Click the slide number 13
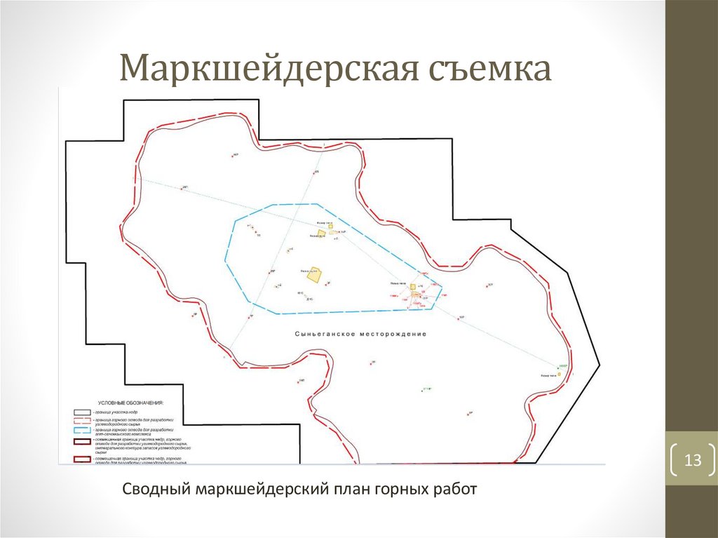pos(693,461)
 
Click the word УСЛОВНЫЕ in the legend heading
pos(114,403)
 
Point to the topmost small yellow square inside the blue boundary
pos(330,225)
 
